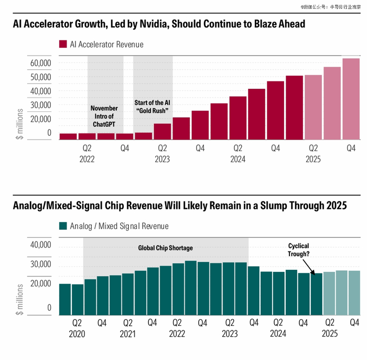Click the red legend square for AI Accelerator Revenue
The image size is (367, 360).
tap(63, 45)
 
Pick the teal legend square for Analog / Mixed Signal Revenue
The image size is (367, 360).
tap(63, 226)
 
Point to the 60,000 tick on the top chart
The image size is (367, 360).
tap(40, 63)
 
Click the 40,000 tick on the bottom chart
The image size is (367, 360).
tap(40, 245)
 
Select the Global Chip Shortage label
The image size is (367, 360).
tap(165, 248)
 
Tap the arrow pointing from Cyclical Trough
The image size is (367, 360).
tap(310, 268)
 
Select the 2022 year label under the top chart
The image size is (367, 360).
tap(87, 160)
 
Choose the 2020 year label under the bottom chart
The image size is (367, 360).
tap(77, 334)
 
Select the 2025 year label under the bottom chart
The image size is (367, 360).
tap(329, 334)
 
